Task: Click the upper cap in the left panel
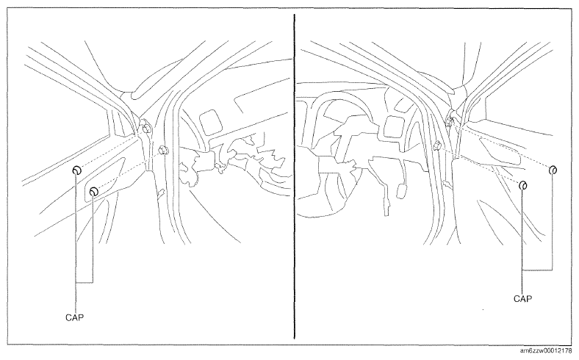77,170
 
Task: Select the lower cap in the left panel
94,191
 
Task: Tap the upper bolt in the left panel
147,128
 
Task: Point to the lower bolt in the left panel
163,150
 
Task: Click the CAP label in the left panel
75,317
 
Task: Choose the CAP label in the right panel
523,299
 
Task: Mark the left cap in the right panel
523,185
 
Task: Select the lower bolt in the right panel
437,146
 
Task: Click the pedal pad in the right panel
401,192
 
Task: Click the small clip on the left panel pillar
161,193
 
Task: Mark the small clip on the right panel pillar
447,184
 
